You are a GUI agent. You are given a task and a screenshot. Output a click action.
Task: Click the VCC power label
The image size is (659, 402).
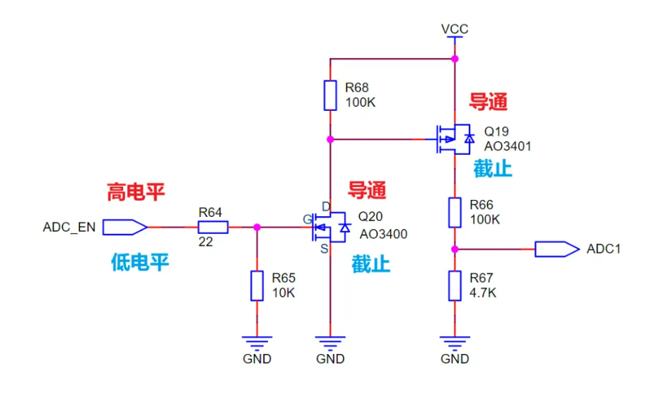point(455,29)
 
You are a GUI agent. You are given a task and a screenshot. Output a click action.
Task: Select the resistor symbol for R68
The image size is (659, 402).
point(330,95)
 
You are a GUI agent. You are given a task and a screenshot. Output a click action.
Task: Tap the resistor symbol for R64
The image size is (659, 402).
point(213,227)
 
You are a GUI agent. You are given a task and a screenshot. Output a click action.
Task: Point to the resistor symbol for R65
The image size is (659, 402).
point(257,285)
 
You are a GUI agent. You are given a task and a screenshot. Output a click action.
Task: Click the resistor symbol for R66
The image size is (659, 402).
point(455,211)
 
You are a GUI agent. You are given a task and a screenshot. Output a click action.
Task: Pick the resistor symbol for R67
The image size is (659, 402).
point(455,285)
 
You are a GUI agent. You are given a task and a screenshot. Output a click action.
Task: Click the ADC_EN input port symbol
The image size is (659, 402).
point(124,227)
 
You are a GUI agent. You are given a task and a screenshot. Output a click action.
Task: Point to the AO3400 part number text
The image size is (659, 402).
point(383,234)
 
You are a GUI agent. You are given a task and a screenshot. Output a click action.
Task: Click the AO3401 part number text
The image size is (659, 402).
point(507,146)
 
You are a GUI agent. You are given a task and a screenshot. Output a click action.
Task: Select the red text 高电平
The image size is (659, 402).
point(136,192)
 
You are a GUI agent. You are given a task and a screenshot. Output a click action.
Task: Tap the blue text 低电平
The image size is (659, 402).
point(140,263)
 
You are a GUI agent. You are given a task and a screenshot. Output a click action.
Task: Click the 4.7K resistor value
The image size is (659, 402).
point(483,292)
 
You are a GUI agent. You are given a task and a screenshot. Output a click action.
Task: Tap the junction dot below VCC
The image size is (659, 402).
point(455,59)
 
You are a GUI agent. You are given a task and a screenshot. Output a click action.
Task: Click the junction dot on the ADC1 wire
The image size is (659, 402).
point(455,249)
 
